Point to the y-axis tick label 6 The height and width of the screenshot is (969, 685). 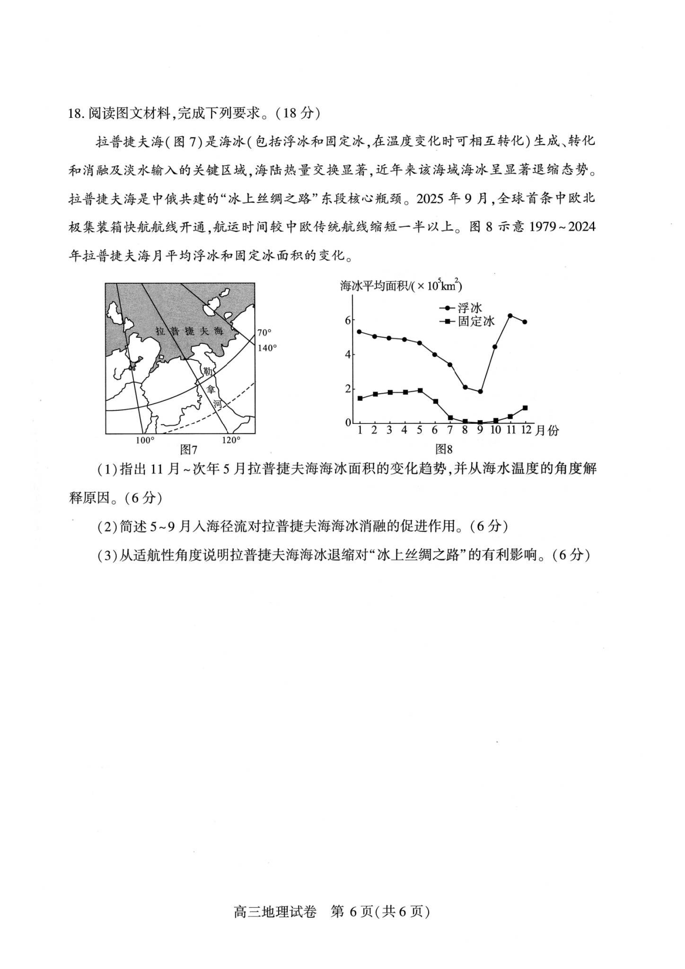(x=348, y=320)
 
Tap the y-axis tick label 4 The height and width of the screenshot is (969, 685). (x=348, y=354)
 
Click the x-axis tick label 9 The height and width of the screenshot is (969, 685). (x=480, y=430)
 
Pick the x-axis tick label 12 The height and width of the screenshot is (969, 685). (x=526, y=430)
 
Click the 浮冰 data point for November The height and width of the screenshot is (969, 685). (x=510, y=316)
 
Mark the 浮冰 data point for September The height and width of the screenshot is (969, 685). (x=480, y=391)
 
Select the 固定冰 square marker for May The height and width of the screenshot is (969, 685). (x=420, y=390)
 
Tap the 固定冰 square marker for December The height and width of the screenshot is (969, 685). (x=525, y=408)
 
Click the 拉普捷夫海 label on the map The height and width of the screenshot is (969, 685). (x=189, y=331)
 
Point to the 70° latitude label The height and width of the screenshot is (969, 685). (x=264, y=333)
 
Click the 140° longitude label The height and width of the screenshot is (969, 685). (x=267, y=348)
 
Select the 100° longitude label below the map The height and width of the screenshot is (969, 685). (x=145, y=440)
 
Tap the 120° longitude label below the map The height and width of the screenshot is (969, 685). (x=231, y=440)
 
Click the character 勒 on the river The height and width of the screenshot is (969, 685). (x=207, y=372)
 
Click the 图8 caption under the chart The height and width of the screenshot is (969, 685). (x=444, y=449)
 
